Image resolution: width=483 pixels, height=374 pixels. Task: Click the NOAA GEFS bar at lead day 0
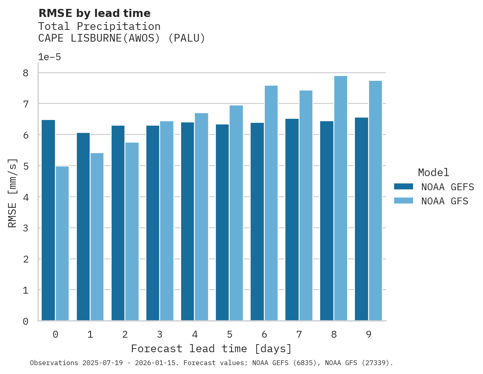[48, 220]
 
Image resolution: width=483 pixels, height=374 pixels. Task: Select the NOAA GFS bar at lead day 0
[62, 244]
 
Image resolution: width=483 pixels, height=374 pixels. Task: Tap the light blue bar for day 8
[340, 198]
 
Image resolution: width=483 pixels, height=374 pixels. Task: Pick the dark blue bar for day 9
[361, 219]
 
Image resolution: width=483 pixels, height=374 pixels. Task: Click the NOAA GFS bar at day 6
[271, 203]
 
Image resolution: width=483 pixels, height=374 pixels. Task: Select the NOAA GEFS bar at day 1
[83, 227]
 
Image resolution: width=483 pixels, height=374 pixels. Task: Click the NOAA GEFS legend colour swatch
[403, 187]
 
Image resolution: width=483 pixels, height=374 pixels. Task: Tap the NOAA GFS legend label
[445, 201]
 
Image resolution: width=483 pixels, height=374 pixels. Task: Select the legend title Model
[433, 172]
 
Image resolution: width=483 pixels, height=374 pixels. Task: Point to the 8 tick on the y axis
[25, 73]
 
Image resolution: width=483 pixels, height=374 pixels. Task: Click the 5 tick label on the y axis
[25, 166]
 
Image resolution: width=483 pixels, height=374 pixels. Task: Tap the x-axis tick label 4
[195, 334]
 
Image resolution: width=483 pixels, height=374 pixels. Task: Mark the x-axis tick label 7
[299, 334]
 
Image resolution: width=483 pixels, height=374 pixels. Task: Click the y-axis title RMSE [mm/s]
[13, 193]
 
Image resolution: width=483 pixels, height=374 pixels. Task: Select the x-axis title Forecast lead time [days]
[211, 349]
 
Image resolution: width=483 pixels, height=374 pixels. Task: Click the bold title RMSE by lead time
[94, 13]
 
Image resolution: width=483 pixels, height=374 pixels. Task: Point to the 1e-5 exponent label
[49, 57]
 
